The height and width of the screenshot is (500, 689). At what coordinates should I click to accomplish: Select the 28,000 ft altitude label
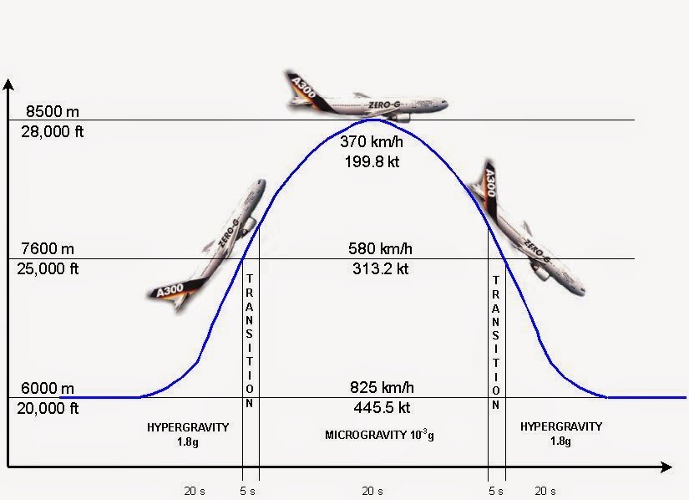tap(53, 131)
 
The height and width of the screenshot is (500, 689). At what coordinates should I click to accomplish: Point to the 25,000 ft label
tap(50, 269)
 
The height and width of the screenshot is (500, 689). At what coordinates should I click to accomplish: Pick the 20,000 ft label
tap(50, 408)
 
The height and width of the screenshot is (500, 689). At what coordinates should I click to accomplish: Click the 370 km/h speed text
tap(372, 141)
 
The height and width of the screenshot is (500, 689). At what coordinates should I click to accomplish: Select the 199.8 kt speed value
tap(372, 161)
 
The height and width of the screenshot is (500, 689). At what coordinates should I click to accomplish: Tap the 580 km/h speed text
tap(380, 249)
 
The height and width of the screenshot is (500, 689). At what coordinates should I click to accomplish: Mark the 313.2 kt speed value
tap(380, 269)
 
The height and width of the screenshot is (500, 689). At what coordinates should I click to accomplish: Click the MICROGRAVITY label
tap(368, 436)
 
